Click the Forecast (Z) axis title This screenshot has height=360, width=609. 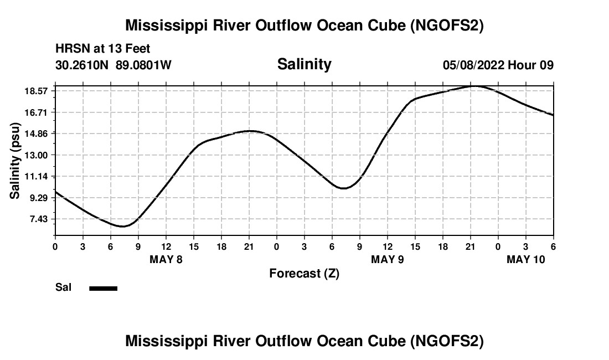304,273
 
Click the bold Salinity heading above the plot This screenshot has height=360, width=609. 304,64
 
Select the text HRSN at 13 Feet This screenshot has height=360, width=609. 102,49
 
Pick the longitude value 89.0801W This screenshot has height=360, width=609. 143,65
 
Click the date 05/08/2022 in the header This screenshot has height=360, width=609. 473,65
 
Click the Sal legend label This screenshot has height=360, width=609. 63,287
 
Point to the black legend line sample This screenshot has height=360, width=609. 104,288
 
